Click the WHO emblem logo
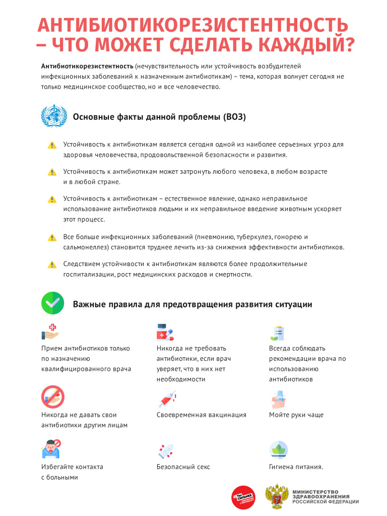coord(53,116)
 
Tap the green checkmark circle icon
coord(52,303)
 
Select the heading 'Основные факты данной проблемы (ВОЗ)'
coord(159,117)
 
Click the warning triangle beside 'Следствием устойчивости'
coord(52,265)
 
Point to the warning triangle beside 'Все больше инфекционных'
coord(52,237)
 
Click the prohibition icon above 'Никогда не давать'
coord(53,396)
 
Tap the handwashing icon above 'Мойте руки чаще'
coord(279,399)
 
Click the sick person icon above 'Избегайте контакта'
coord(51,448)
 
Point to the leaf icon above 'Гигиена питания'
coord(279,449)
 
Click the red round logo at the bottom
coord(243,497)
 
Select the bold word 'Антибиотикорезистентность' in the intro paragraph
coord(87,66)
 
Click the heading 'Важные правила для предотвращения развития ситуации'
coord(192,304)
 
